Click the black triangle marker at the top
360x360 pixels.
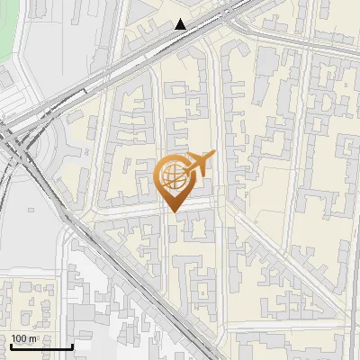pyautogui.click(x=181, y=24)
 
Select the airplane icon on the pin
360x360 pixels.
pyautogui.click(x=200, y=165)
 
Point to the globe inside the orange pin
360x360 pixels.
pyautogui.click(x=172, y=174)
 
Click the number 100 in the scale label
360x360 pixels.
pyautogui.click(x=19, y=338)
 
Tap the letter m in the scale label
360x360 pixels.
pyautogui.click(x=32, y=338)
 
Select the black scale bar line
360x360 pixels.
pyautogui.click(x=41, y=346)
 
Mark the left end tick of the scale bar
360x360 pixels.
pyautogui.click(x=11, y=345)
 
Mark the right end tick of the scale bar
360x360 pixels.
pyautogui.click(x=72, y=345)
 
